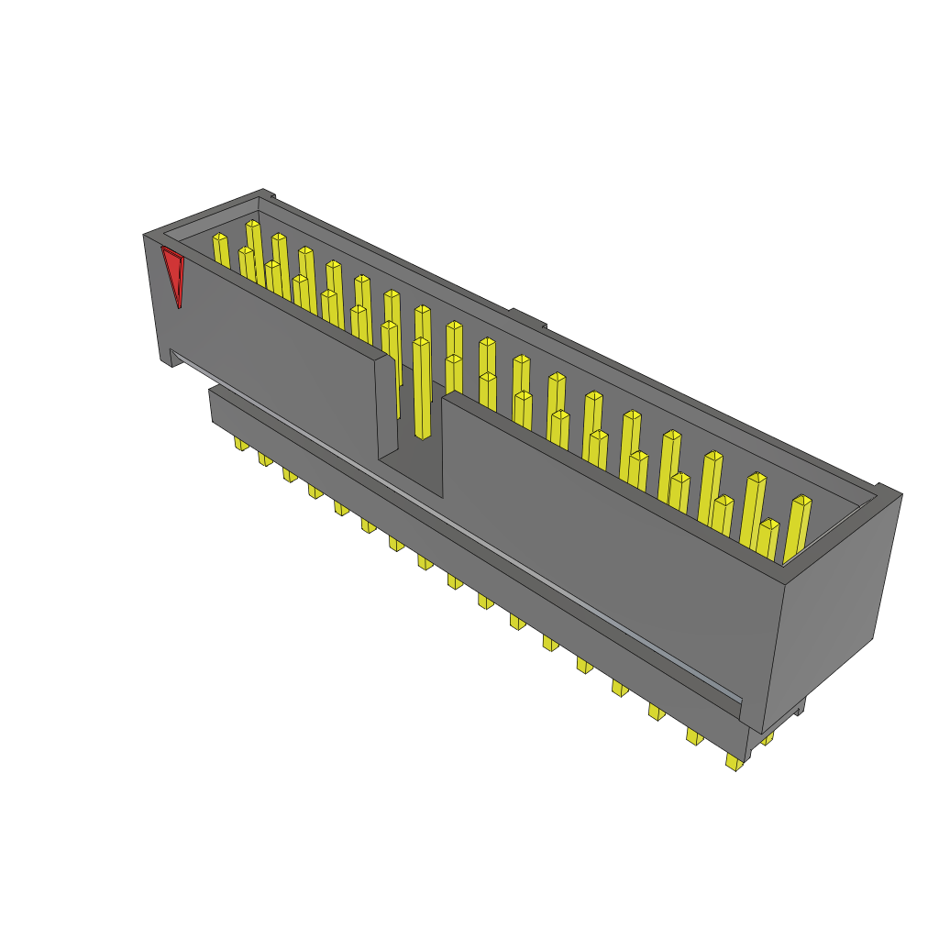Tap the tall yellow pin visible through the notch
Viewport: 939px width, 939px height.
click(x=422, y=390)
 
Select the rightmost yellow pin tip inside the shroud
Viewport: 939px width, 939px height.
click(x=801, y=501)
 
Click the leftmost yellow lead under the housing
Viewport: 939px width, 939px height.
click(x=241, y=444)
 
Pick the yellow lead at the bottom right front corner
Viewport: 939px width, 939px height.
click(x=734, y=761)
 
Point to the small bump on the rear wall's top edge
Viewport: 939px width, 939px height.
click(x=526, y=317)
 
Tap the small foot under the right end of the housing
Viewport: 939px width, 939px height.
click(x=799, y=707)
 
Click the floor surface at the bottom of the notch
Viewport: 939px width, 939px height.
click(x=411, y=476)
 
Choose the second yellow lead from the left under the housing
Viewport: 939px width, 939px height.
click(x=265, y=458)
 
